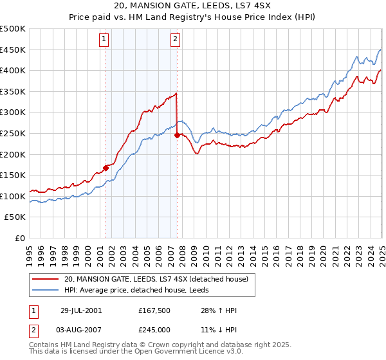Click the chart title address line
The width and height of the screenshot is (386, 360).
(x=193, y=6)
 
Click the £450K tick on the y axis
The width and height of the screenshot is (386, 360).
(x=13, y=50)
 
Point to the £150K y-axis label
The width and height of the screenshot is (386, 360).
(x=13, y=175)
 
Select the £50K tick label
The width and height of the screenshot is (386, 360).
(x=15, y=217)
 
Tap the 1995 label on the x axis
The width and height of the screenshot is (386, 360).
(x=30, y=250)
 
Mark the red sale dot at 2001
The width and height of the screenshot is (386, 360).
(x=106, y=168)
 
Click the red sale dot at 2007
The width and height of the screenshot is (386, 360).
(x=177, y=135)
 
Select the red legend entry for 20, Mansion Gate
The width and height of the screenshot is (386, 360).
(x=160, y=278)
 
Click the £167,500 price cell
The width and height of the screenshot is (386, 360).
(x=152, y=310)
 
